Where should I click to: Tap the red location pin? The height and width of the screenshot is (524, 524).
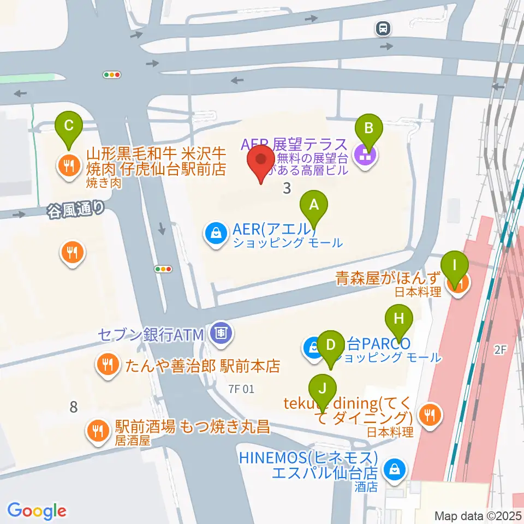click(x=260, y=162)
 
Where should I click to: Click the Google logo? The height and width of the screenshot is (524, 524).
click(x=37, y=511)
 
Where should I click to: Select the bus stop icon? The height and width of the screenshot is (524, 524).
click(x=383, y=27)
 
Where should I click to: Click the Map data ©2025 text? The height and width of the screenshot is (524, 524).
click(x=478, y=515)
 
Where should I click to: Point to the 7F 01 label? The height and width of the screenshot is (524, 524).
click(x=242, y=389)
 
